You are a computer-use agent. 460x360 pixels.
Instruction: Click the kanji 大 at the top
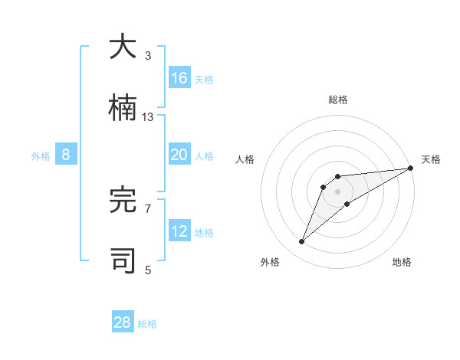click(x=123, y=47)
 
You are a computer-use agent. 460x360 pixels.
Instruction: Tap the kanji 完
click(x=123, y=200)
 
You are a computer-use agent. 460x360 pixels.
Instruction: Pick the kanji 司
click(x=123, y=261)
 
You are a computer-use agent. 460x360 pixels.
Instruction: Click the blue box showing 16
click(x=179, y=78)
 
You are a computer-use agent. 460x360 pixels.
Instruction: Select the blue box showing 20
click(x=179, y=155)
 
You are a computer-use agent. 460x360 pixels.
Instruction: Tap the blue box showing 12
click(x=179, y=231)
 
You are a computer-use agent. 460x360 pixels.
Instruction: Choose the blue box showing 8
click(x=66, y=155)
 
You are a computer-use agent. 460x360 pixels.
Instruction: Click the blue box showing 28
click(x=123, y=322)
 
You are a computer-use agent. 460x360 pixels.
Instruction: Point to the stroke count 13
click(x=148, y=116)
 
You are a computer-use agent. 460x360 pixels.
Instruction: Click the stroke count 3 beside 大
click(x=148, y=55)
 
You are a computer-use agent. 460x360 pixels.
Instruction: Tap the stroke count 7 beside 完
click(x=148, y=208)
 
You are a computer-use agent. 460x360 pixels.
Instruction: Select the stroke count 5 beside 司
click(x=148, y=270)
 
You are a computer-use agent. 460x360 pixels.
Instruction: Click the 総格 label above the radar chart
click(x=338, y=100)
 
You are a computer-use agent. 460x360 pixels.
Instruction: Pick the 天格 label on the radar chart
click(x=431, y=159)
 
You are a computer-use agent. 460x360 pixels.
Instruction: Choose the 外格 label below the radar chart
click(x=270, y=262)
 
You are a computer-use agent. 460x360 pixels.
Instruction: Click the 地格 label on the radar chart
click(x=402, y=262)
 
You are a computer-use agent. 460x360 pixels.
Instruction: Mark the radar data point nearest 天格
click(x=410, y=169)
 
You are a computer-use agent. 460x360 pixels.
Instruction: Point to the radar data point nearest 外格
click(x=302, y=242)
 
